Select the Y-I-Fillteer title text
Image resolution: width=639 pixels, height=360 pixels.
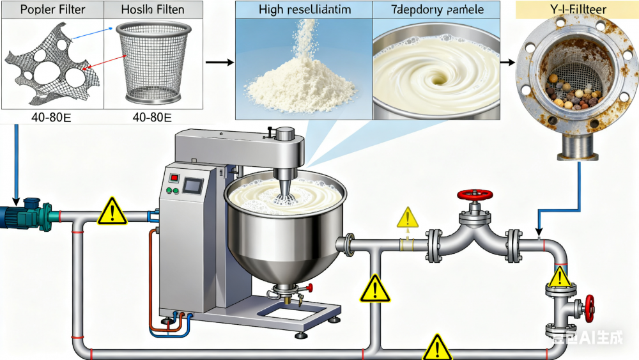(x=565, y=10)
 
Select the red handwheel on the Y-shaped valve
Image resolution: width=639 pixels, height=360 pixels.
(x=473, y=194)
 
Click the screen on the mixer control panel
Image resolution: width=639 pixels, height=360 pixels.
(x=192, y=186)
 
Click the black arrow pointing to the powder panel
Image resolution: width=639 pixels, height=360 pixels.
(x=218, y=62)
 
